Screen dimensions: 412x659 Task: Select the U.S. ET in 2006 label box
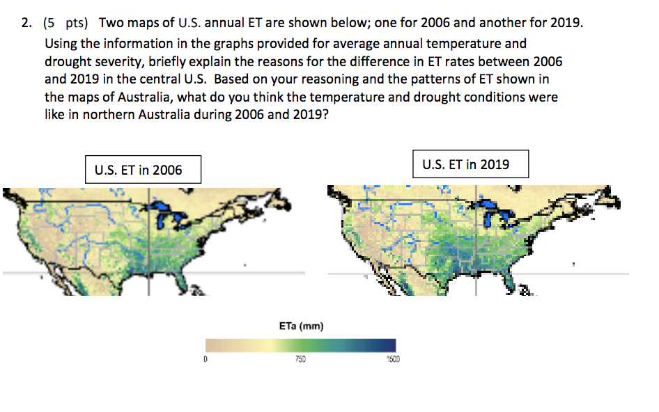coord(143,170)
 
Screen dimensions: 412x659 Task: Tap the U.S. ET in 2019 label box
coord(470,164)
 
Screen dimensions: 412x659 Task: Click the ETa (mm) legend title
coord(300,326)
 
